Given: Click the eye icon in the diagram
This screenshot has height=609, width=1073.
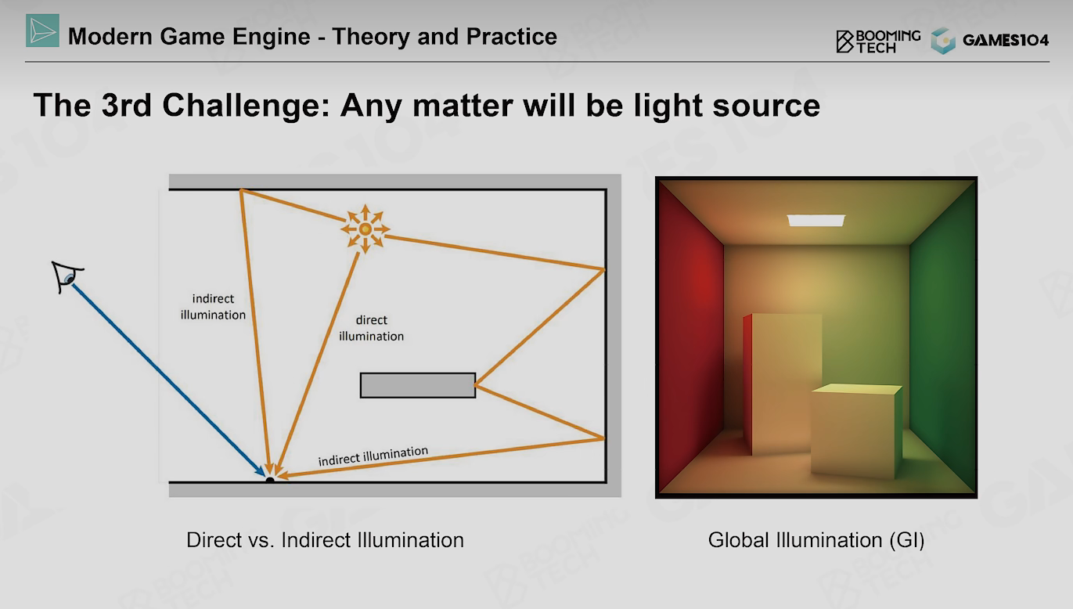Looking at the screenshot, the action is tap(67, 276).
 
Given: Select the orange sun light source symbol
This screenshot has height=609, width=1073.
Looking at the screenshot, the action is tap(365, 229).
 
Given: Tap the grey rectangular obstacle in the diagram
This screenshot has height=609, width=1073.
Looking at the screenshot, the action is tap(418, 385).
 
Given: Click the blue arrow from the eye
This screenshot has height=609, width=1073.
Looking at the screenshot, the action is tap(168, 380).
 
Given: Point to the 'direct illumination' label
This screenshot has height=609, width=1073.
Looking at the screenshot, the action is tap(371, 328).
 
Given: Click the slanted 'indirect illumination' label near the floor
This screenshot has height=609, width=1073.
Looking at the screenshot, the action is tap(373, 456).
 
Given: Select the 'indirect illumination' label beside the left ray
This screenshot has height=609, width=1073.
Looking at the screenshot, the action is tap(213, 307).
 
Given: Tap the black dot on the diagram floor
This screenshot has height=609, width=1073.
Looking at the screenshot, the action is tap(270, 479).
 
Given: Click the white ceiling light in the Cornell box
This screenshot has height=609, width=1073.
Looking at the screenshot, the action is tap(816, 220).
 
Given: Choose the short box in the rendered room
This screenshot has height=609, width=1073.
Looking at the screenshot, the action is tap(856, 431).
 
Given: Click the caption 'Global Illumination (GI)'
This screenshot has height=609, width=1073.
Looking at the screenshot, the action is tap(816, 540).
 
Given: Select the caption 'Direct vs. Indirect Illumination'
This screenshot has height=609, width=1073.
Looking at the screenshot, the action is tap(326, 540).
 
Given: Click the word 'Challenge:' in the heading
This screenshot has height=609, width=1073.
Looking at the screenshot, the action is tap(247, 106).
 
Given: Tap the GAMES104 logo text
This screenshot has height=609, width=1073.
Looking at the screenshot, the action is tap(1006, 40).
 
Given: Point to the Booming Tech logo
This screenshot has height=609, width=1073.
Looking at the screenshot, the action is tap(878, 41).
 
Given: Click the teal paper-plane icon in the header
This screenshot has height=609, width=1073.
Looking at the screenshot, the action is tap(42, 31).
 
